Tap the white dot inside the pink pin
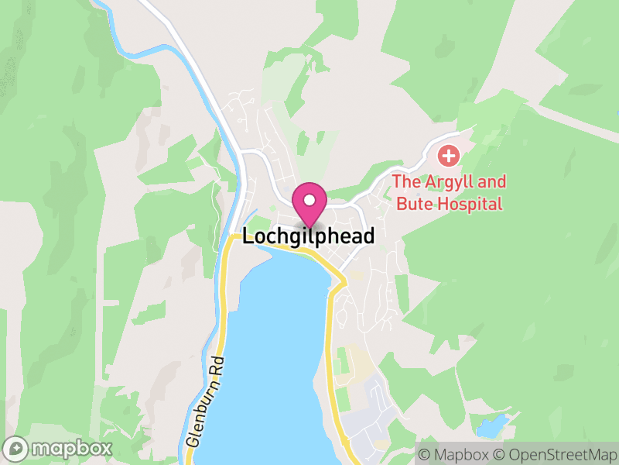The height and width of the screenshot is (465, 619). click(309, 200)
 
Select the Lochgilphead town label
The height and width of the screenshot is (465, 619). click(309, 236)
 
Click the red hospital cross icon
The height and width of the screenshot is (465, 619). click(448, 156)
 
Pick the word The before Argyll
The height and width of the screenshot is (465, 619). click(408, 183)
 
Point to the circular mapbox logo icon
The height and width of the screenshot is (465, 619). click(17, 449)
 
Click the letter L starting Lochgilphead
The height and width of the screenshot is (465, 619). click(249, 236)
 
